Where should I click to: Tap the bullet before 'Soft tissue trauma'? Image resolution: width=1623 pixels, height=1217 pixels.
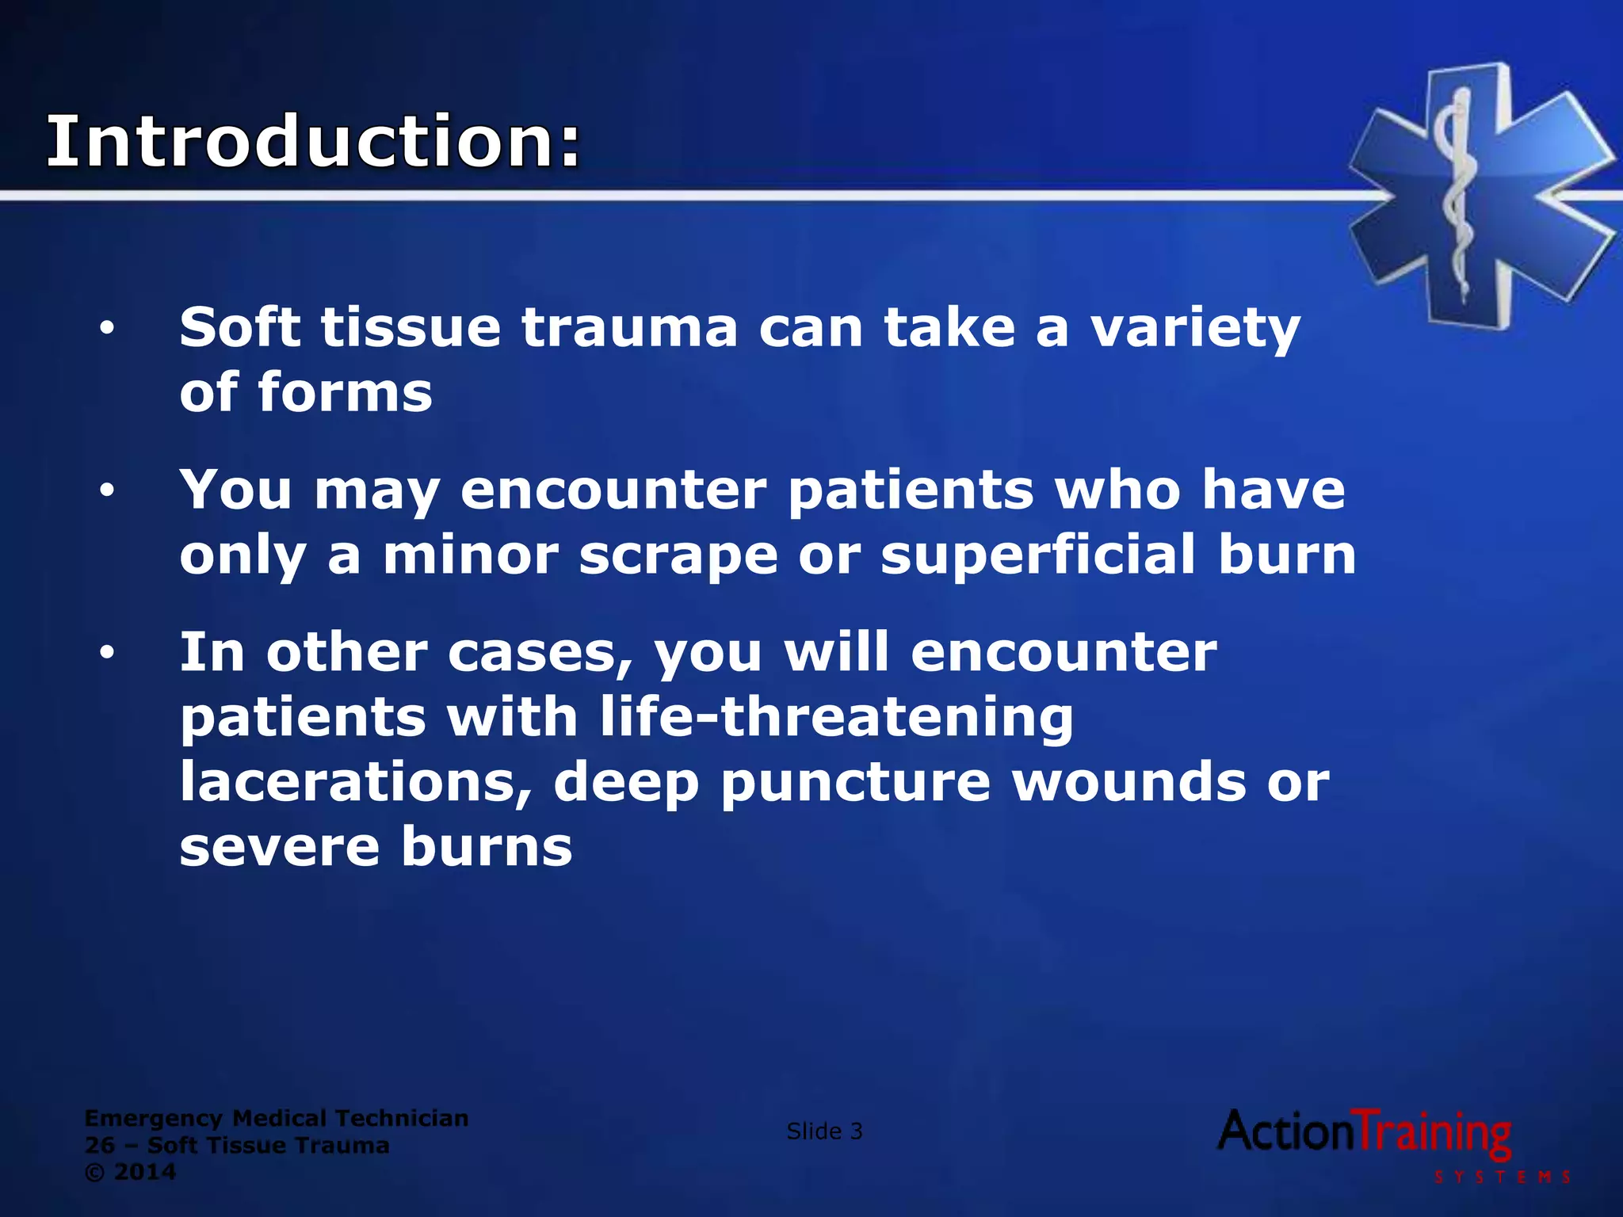coord(107,328)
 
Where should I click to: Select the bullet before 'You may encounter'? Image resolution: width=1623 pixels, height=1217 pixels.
coord(107,490)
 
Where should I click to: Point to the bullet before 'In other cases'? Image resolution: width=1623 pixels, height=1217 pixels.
coord(107,653)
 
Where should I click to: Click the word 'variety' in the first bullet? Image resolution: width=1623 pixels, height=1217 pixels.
coord(1195,328)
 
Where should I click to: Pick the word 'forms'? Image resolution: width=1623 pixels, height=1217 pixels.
coord(346,393)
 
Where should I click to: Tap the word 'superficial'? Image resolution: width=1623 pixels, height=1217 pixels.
coord(1038,555)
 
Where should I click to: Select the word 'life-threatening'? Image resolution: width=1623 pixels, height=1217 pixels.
coord(836,717)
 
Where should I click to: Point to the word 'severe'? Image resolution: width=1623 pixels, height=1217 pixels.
coord(280,847)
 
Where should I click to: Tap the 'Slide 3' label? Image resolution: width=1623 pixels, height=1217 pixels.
coord(824,1131)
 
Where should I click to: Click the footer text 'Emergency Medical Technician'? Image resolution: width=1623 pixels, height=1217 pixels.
coord(277,1118)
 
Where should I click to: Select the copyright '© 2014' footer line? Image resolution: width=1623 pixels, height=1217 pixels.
coord(130,1172)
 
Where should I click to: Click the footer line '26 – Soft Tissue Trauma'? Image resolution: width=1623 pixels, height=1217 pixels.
coord(237,1145)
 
